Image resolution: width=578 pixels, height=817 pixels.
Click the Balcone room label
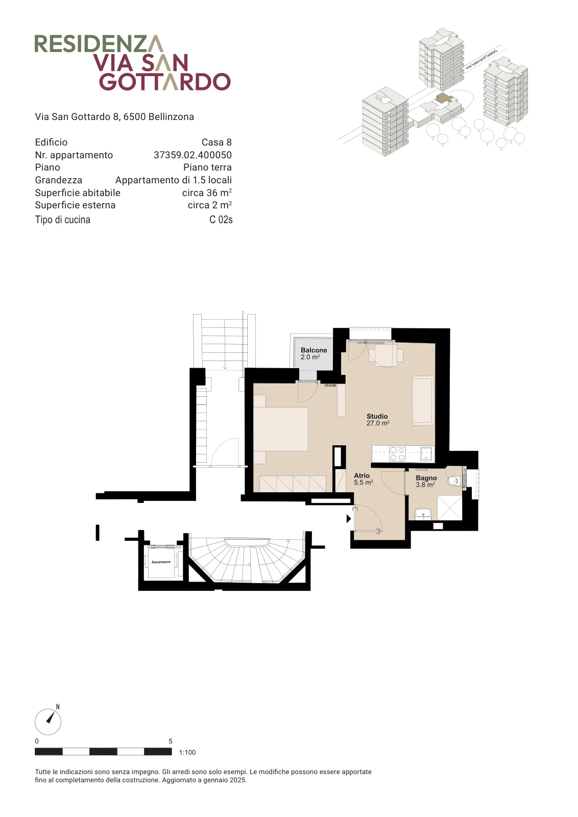coord(314,353)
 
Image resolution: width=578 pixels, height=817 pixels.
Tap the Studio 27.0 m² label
coord(378,419)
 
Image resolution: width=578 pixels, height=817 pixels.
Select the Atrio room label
coord(363,479)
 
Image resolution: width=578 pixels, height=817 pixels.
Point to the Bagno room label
coord(426,481)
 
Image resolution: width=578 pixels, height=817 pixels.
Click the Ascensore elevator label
coord(161,562)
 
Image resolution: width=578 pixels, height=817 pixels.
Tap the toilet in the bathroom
coord(455,481)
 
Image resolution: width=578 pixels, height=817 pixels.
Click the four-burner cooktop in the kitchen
coord(397,454)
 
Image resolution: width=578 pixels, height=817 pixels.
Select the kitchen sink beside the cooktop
coord(426,454)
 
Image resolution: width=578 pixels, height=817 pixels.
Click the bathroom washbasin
coord(423,514)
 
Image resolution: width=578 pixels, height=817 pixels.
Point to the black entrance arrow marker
coord(349,518)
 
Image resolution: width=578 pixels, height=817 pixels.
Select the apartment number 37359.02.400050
coord(192,155)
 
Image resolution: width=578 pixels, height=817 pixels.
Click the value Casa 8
coord(216,142)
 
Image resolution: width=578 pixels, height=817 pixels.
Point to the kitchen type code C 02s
coord(221,220)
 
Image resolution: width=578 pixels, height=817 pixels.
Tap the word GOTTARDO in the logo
coord(165,82)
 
